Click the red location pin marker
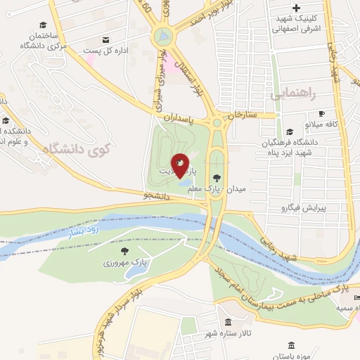(x=180, y=166)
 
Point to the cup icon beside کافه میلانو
(x=321, y=113)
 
